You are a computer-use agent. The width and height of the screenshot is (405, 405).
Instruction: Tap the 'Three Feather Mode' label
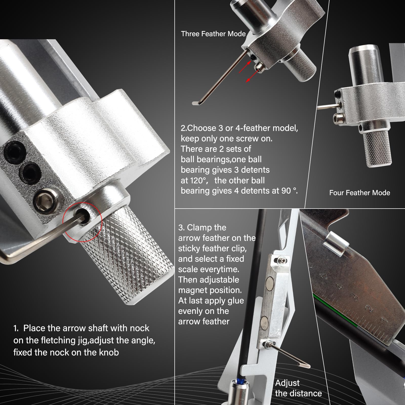tap(213, 34)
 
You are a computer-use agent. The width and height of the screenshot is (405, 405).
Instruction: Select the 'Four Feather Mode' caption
tap(359, 193)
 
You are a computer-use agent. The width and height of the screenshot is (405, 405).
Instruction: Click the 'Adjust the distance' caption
tap(298, 388)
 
